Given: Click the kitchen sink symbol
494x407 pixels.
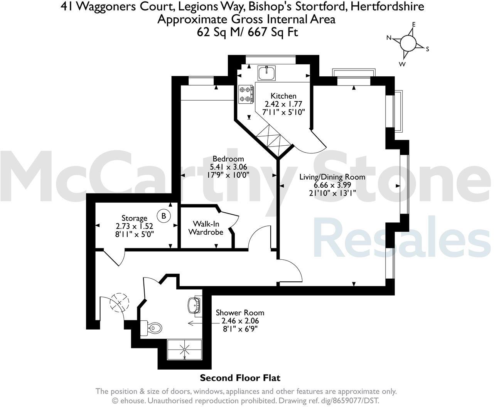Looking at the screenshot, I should (266, 72).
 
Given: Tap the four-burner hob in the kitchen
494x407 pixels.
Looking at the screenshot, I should (246, 94).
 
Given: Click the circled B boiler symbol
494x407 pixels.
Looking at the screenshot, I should (164, 216).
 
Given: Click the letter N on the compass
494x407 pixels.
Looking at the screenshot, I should (389, 38).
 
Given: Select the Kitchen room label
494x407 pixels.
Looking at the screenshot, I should (283, 96).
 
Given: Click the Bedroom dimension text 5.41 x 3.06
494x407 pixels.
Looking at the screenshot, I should (228, 167).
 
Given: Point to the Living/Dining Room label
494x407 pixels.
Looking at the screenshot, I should (332, 177).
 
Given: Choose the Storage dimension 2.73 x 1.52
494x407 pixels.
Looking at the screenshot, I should (134, 226).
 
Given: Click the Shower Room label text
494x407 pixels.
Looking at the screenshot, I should (240, 313).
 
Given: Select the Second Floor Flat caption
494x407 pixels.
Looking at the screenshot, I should (240, 378).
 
